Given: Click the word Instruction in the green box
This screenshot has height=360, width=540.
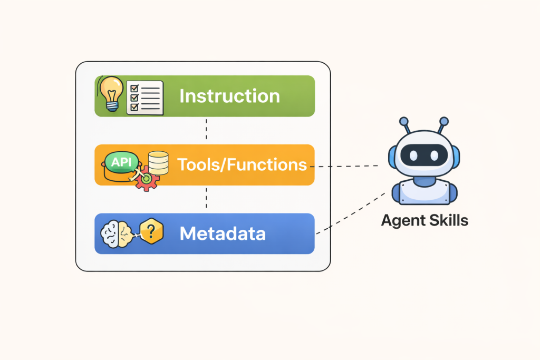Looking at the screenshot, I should [229, 96].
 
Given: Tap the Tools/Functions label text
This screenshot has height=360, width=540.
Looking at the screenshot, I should [242, 164].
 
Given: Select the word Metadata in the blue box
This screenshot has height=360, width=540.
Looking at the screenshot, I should [222, 233].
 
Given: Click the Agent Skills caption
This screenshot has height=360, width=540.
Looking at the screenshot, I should [425, 220].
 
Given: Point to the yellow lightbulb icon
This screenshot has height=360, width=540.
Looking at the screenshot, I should [111, 92].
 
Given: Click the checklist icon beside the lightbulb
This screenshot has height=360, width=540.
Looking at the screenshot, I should [144, 97].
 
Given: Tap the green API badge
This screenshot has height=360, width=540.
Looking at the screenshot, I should [121, 161].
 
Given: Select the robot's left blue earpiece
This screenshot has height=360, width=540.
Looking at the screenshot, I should [392, 155].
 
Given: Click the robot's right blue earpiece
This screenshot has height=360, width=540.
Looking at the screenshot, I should [456, 155].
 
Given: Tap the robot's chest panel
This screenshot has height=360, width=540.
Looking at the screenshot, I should [424, 193].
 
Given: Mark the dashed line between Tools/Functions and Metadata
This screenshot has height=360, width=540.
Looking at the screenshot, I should [206, 199].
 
